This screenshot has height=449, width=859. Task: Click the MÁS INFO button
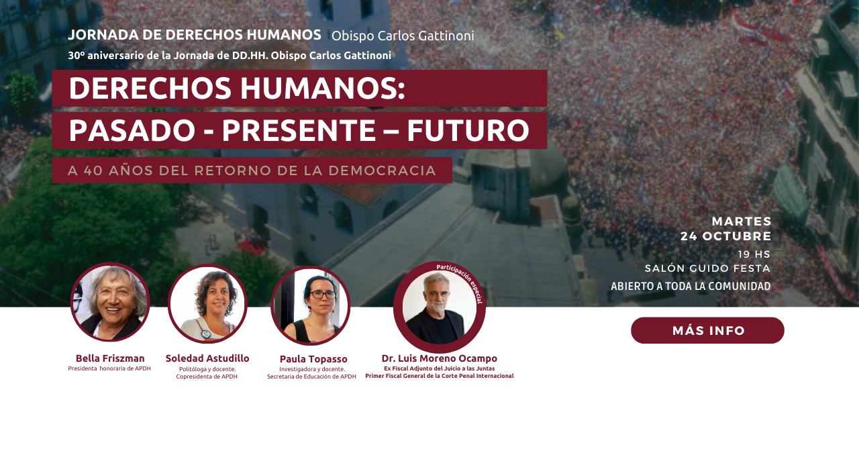click(707, 330)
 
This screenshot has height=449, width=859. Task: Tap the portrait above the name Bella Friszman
click(111, 302)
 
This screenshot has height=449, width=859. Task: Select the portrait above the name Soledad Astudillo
click(207, 303)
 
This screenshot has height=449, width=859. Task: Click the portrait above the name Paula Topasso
click(310, 305)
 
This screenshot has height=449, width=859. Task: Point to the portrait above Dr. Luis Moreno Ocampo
click(440, 307)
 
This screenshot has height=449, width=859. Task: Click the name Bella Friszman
click(110, 358)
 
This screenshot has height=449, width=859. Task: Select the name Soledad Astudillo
click(207, 358)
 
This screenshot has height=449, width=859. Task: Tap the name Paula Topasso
click(313, 359)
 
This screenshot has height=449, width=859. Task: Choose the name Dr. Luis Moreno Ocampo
click(440, 358)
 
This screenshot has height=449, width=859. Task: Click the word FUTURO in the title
click(468, 131)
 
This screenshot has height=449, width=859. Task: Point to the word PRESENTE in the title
click(299, 131)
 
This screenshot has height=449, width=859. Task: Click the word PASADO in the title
click(132, 131)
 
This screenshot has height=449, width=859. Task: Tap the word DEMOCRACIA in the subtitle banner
click(383, 170)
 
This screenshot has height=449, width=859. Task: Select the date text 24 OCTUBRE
click(726, 236)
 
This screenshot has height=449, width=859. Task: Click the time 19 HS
click(754, 254)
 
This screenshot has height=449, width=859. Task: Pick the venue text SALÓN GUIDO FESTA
click(707, 268)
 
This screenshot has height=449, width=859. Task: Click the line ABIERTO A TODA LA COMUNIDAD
click(691, 287)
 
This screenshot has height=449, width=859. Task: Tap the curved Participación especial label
click(463, 281)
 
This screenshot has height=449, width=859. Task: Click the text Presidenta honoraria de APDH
click(109, 369)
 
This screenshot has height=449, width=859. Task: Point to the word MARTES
click(742, 221)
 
